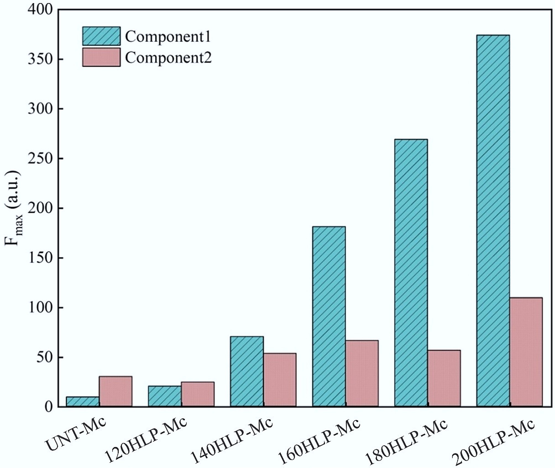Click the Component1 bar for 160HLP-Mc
pos(329,316)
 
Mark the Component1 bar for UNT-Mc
pos(83,401)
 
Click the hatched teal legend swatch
pos(101,36)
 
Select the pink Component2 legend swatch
pos(101,57)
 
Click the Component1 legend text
pos(168,36)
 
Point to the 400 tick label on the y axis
pos(40,10)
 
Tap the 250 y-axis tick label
pos(40,159)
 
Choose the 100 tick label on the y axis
pos(40,308)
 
